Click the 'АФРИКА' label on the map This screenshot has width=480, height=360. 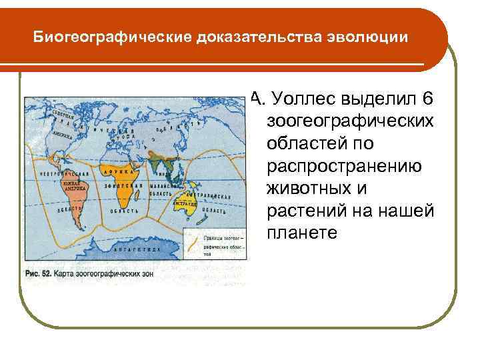tap(115, 171)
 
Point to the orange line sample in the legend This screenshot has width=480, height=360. tap(191, 238)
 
